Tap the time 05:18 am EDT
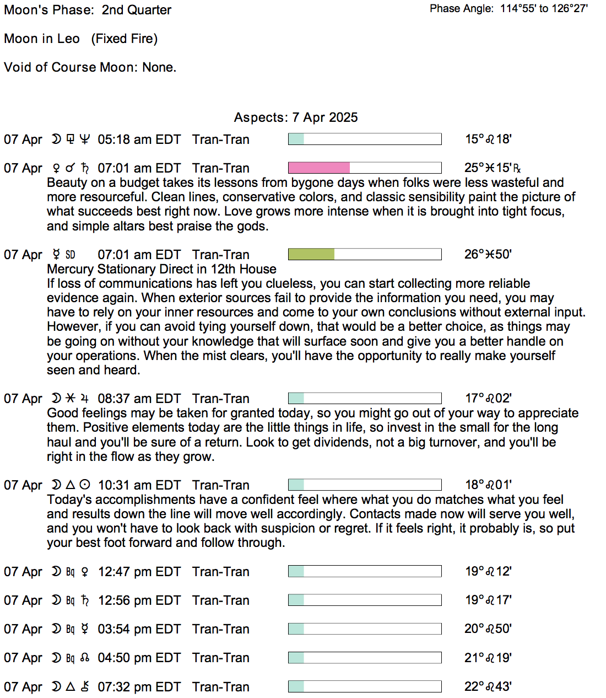click(139, 139)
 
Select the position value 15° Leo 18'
click(488, 139)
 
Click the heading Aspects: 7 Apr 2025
click(296, 117)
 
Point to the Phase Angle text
click(508, 8)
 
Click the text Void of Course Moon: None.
click(90, 67)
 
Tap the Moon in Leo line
click(80, 39)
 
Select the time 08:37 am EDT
click(139, 399)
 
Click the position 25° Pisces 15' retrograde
click(492, 168)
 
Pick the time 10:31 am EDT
click(139, 485)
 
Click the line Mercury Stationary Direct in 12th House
click(161, 269)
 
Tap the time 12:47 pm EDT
click(139, 572)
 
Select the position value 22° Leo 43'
click(488, 686)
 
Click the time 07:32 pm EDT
click(139, 687)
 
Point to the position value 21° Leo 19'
click(488, 658)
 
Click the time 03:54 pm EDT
click(139, 629)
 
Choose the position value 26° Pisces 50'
click(488, 254)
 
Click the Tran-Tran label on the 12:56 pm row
click(220, 600)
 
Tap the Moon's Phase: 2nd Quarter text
click(88, 10)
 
